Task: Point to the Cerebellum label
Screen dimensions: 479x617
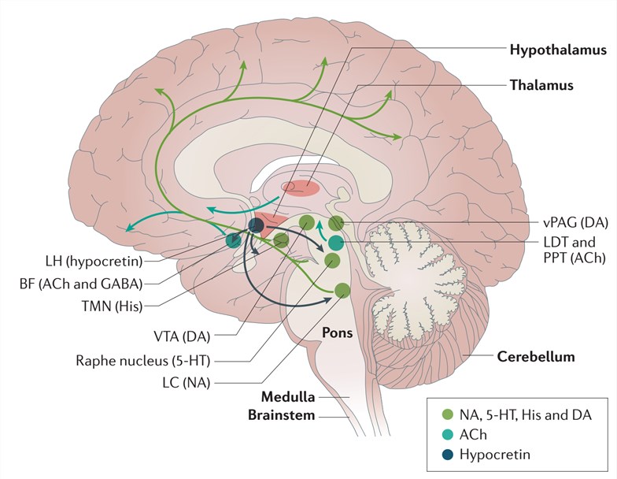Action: pyautogui.click(x=535, y=356)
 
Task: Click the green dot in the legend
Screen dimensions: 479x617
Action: pyautogui.click(x=448, y=413)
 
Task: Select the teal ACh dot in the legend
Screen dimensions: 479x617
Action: pyautogui.click(x=448, y=434)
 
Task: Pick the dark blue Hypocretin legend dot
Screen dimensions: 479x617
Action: pyautogui.click(x=448, y=455)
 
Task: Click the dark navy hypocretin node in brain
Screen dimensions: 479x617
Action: pyautogui.click(x=256, y=225)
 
